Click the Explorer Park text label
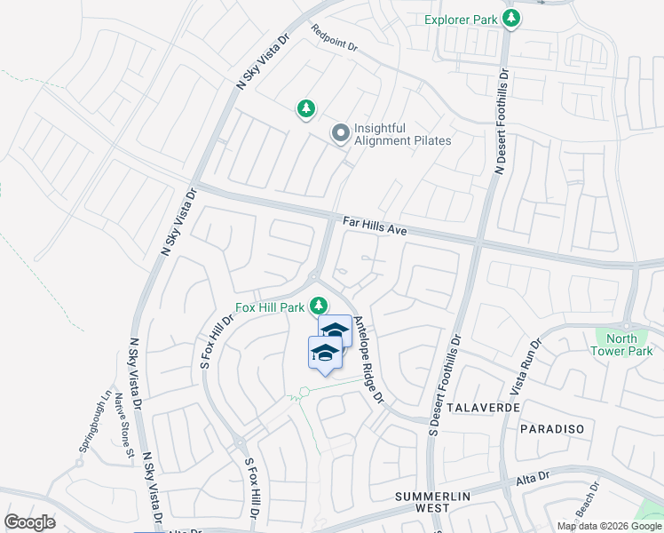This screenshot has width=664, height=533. pyautogui.click(x=459, y=20)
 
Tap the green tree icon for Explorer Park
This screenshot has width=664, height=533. pyautogui.click(x=510, y=19)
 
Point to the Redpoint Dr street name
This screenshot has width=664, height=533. pyautogui.click(x=334, y=38)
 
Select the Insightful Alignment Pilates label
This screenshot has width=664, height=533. pyautogui.click(x=402, y=134)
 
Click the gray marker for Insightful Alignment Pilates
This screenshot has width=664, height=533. pyautogui.click(x=339, y=134)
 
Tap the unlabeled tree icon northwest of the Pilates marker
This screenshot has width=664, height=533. pyautogui.click(x=305, y=108)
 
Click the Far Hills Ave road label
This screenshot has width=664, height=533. pyautogui.click(x=374, y=226)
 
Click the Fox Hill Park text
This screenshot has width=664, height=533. pyautogui.click(x=270, y=308)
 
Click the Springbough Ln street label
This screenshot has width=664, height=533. pyautogui.click(x=93, y=421)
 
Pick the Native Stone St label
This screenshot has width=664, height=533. pyautogui.click(x=123, y=428)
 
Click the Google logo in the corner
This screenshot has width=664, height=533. pyautogui.click(x=30, y=521)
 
